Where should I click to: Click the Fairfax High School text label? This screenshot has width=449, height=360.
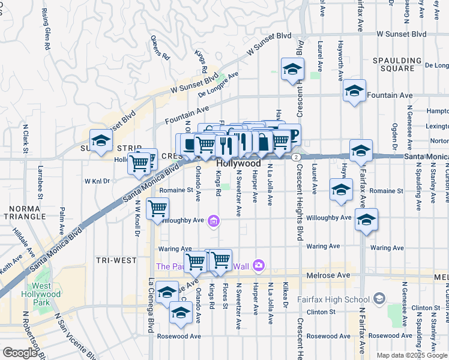point(333,299)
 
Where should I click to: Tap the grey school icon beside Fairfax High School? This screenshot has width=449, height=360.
point(379,298)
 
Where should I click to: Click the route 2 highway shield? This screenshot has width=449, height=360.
point(297,156)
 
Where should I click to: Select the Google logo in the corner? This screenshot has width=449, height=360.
point(20,353)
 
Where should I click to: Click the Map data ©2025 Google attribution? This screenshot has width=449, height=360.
point(412,355)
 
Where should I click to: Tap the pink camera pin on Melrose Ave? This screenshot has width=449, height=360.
point(259,265)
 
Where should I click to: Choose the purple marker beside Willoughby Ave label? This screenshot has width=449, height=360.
point(212,222)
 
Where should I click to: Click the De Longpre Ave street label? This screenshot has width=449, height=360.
point(218,84)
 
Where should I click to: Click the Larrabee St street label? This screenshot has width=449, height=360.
point(41,182)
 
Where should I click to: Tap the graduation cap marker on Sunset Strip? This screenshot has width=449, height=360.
point(101,142)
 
